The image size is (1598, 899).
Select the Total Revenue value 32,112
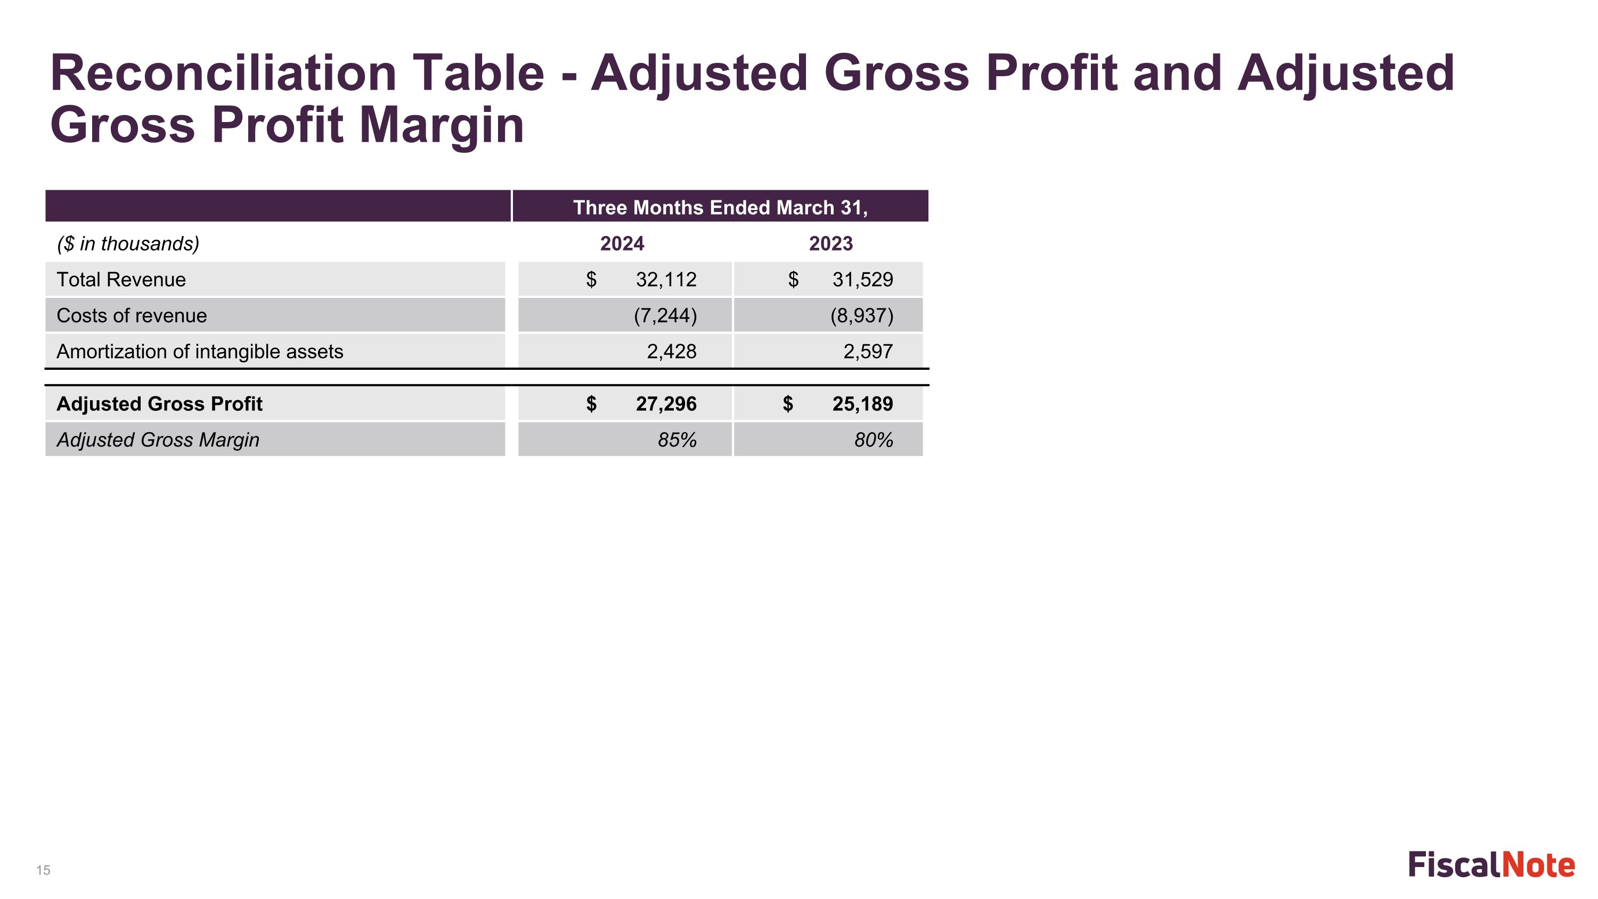click(666, 280)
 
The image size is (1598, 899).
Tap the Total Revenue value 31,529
click(863, 280)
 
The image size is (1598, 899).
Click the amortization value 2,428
click(672, 352)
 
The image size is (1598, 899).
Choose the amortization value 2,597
click(868, 352)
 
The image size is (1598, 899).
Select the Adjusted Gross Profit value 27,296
click(666, 404)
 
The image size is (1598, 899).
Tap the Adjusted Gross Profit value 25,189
click(863, 404)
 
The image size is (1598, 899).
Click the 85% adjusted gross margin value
click(678, 440)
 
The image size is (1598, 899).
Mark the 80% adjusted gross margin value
click(874, 440)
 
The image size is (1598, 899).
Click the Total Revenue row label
click(121, 280)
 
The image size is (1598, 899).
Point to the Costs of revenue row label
click(132, 316)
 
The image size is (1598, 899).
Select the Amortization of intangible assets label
click(200, 352)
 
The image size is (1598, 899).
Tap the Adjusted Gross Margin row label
click(158, 440)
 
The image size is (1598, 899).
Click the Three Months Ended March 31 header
click(720, 208)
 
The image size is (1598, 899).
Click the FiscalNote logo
click(1491, 865)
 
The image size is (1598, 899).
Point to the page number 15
click(44, 870)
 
